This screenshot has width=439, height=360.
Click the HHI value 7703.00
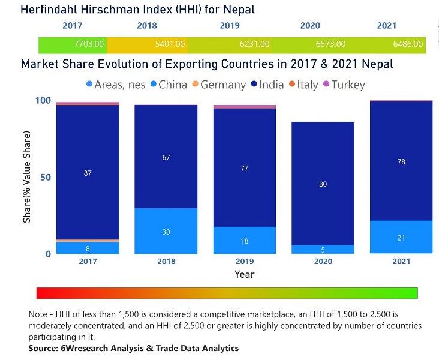[89, 44]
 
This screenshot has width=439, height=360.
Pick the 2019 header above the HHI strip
[230, 26]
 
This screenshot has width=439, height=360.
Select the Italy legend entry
[306, 85]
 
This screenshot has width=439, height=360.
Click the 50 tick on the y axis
[46, 177]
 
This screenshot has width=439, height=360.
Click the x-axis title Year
[245, 275]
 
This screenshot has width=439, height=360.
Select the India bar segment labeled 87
[88, 173]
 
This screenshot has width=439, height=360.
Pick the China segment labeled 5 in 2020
[323, 250]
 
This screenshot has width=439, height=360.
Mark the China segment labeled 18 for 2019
[245, 241]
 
